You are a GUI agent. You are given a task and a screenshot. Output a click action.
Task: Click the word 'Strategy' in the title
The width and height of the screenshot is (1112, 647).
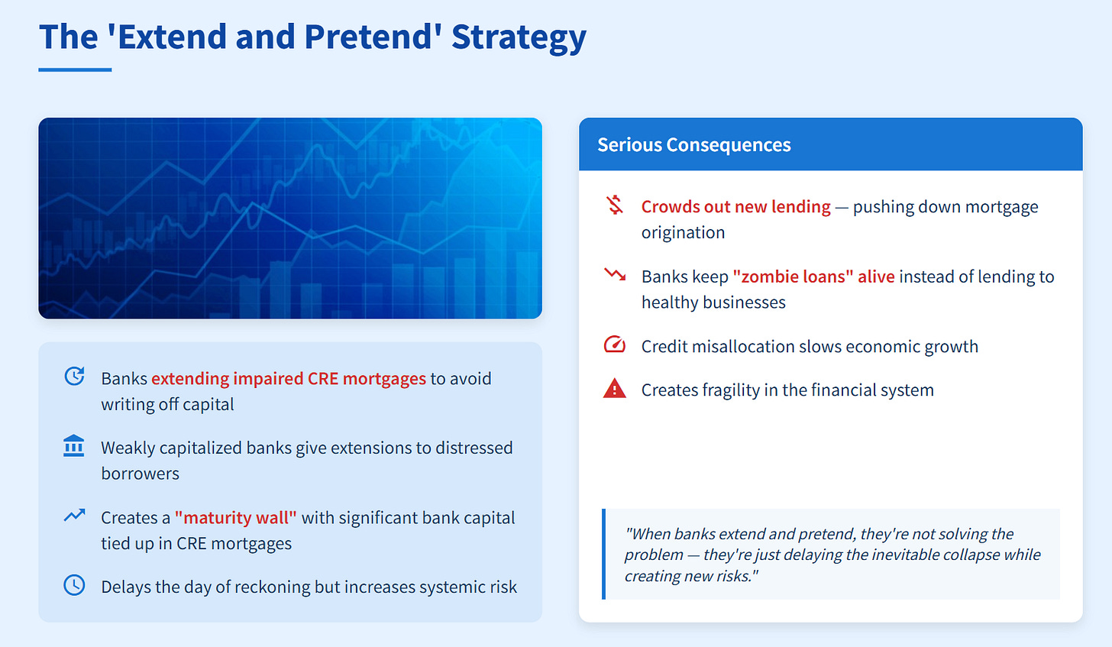pos(519,37)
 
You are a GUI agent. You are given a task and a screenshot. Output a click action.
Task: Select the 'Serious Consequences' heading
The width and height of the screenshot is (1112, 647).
pos(694,144)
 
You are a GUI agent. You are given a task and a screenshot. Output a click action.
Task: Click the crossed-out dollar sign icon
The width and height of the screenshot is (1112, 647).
pos(615,205)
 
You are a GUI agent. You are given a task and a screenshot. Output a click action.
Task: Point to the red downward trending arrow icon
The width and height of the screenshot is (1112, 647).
pos(615,274)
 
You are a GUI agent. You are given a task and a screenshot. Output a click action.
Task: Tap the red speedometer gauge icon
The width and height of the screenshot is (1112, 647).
pos(615,344)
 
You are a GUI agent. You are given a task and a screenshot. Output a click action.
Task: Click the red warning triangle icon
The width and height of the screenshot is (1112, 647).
pos(615,388)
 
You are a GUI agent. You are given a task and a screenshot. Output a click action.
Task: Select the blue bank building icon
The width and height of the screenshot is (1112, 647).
pos(73,446)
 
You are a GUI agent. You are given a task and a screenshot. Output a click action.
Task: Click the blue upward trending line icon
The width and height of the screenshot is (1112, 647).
pos(75,516)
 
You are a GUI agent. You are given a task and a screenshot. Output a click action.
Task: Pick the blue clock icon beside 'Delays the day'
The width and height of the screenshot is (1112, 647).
pos(74,585)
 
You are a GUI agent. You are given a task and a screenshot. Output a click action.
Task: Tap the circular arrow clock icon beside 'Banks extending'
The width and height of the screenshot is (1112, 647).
pos(75,376)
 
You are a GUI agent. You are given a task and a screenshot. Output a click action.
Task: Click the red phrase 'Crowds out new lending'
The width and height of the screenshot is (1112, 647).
pos(735,206)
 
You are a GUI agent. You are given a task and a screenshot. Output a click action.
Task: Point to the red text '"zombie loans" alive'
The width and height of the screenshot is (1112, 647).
pos(813,277)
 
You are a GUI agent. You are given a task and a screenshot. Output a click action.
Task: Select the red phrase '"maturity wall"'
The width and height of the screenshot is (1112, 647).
pos(236,518)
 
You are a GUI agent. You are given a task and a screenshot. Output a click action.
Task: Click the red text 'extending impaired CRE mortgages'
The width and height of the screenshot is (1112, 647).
pos(289,379)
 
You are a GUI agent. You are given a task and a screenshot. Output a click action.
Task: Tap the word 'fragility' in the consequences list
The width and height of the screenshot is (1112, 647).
pos(730,390)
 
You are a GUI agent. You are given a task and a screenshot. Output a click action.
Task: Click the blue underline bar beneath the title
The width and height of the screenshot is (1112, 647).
pos(75,70)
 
